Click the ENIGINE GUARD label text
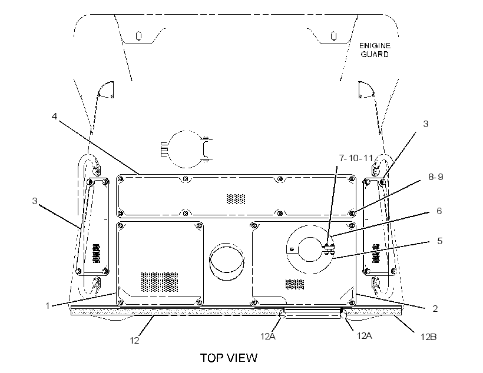[x=375, y=50]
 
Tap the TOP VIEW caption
[x=229, y=358]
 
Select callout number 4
[x=55, y=116]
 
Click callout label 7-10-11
[x=356, y=158]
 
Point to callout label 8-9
[x=435, y=177]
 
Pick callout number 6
[x=439, y=211]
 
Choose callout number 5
[x=440, y=241]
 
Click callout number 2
[x=435, y=309]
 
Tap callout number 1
[x=48, y=306]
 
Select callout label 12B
[x=428, y=337]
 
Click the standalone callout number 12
[x=135, y=341]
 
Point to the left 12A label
[x=268, y=337]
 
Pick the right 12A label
[x=365, y=336]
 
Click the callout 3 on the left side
[x=35, y=201]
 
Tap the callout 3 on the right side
[x=426, y=124]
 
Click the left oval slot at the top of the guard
[x=139, y=36]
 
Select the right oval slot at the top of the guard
[x=333, y=36]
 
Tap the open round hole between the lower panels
[x=227, y=261]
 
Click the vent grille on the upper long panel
[x=236, y=199]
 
